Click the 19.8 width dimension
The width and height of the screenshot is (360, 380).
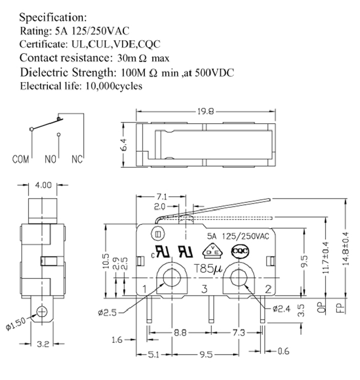coord(205,112)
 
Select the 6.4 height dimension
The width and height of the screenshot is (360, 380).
coord(123,145)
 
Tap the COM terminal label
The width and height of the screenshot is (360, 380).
coord(20,159)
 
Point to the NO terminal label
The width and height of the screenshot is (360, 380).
coord(50,159)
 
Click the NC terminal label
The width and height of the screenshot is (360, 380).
coord(77,159)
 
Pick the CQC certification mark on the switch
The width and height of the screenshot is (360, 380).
coord(239,251)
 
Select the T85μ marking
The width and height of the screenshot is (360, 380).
coord(208,268)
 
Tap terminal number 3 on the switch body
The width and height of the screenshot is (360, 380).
coord(204,289)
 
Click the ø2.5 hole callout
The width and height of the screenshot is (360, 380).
coord(107,312)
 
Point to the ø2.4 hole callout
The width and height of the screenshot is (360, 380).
coord(282,309)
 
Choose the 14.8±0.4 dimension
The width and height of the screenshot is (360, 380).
coord(346,248)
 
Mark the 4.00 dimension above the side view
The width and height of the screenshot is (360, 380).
coord(43,185)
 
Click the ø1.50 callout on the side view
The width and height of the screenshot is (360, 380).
coord(15,323)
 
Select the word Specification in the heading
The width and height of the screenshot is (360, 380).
coord(53,18)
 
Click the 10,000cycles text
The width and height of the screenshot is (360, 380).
coord(114,86)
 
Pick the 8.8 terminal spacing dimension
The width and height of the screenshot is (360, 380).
coord(180,332)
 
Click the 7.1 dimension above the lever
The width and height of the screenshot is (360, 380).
coord(162,196)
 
